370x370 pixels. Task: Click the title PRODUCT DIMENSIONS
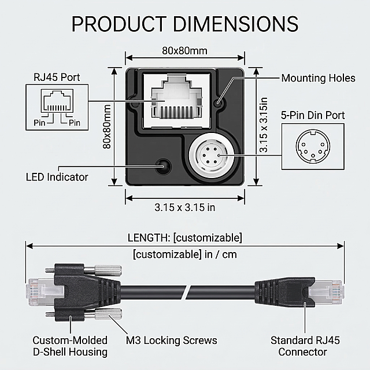(185, 24)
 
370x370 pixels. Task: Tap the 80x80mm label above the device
(185, 51)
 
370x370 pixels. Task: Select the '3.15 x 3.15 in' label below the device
(185, 208)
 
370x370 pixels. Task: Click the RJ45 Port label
(57, 77)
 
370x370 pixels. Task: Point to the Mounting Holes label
(319, 78)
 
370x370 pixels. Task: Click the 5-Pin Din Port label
(313, 116)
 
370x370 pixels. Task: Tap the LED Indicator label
(57, 177)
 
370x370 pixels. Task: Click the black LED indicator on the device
(163, 166)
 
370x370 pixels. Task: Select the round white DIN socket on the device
(212, 156)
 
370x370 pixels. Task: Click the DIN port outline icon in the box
(313, 146)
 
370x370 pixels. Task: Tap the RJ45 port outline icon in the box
(57, 101)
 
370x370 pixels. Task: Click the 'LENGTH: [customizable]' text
(185, 238)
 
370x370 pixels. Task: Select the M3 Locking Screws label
(171, 341)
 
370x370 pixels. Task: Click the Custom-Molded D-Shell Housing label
(70, 346)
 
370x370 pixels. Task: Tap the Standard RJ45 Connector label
(305, 346)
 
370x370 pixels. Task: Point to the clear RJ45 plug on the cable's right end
(325, 293)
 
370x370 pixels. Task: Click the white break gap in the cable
(187, 293)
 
